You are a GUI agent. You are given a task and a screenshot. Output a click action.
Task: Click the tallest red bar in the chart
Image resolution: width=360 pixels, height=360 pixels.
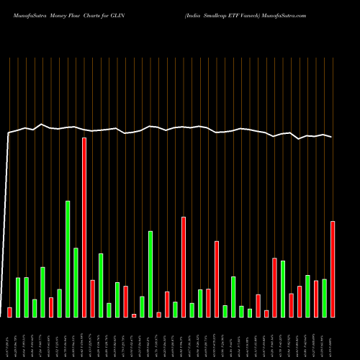pos(84,227)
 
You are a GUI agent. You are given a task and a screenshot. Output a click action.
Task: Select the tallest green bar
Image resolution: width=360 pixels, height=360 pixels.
pos(68,258)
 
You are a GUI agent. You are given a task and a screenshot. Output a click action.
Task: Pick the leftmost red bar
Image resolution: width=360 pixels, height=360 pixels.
pos(9,312)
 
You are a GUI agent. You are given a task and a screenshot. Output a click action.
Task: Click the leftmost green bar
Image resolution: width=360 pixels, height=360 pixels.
pos(18,297)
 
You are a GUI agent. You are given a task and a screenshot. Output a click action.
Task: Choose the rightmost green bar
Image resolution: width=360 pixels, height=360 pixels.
pos(325,297)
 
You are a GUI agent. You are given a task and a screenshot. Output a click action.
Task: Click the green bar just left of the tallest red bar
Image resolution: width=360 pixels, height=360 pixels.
pos(76,282)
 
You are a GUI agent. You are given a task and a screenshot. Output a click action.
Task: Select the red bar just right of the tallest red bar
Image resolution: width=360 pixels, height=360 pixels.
pos(93,298)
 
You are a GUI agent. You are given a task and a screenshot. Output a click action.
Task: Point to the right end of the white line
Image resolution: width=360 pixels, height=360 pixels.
pos(332,137)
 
